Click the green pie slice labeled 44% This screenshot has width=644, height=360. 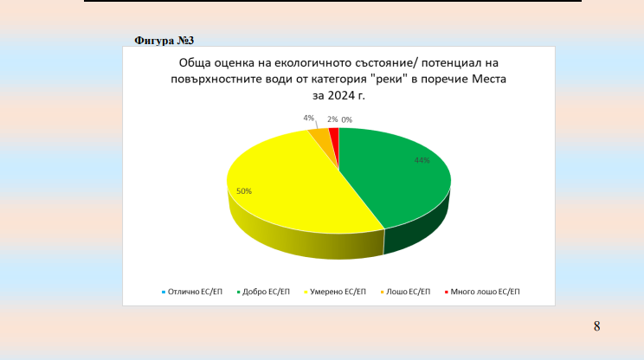tap(395, 181)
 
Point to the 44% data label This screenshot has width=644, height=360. tap(422, 160)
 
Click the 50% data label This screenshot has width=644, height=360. tap(244, 191)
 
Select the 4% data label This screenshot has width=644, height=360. tap(308, 119)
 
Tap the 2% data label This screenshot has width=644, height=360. tap(332, 119)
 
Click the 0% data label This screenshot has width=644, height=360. tap(346, 120)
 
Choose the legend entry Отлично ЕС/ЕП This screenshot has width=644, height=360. tap(192, 292)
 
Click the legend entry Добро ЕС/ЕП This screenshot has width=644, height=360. tap(263, 292)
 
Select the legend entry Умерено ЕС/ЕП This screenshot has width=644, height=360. tap(335, 292)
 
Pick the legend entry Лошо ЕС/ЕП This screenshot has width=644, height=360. tap(405, 292)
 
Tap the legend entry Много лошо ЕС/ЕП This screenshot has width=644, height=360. tap(482, 292)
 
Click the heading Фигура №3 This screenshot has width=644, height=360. tap(164, 41)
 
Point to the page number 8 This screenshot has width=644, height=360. tap(596, 326)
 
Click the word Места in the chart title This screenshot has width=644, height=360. tap(489, 79)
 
